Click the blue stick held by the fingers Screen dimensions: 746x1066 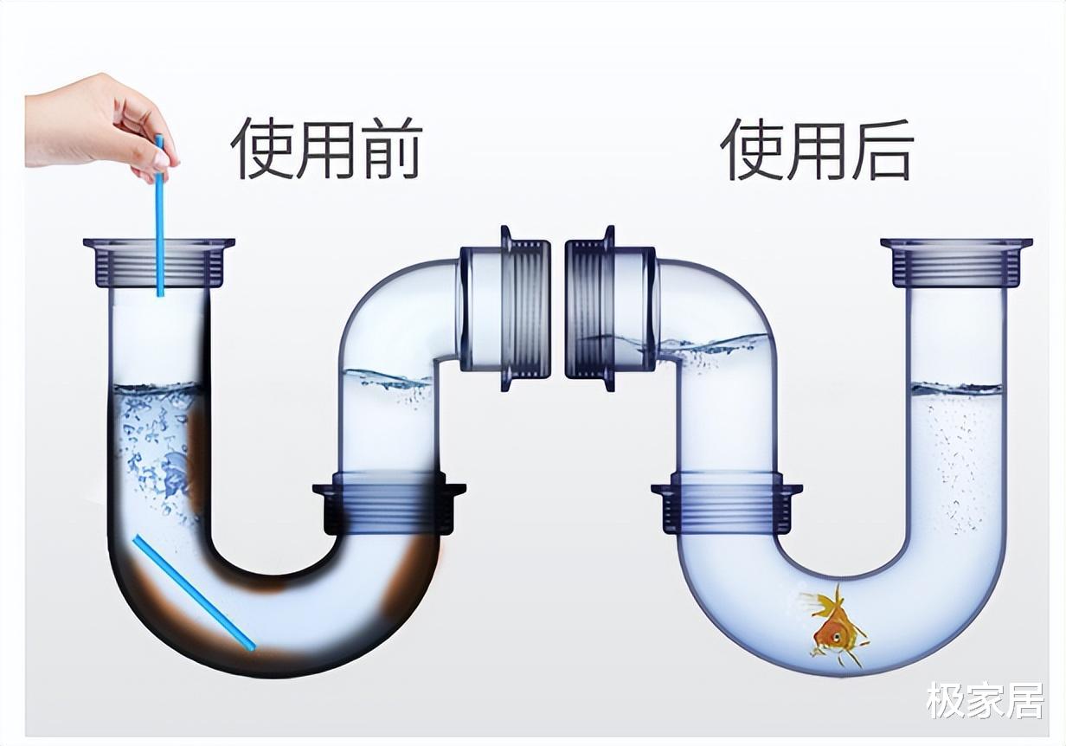click(159, 225)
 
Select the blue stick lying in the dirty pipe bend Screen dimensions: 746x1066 click(193, 593)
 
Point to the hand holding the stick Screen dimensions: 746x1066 click(95, 121)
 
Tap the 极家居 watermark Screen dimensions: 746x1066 click(985, 700)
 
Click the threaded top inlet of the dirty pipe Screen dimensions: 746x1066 click(159, 262)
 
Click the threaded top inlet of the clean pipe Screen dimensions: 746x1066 click(956, 262)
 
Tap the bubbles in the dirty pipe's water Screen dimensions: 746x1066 click(156, 450)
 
